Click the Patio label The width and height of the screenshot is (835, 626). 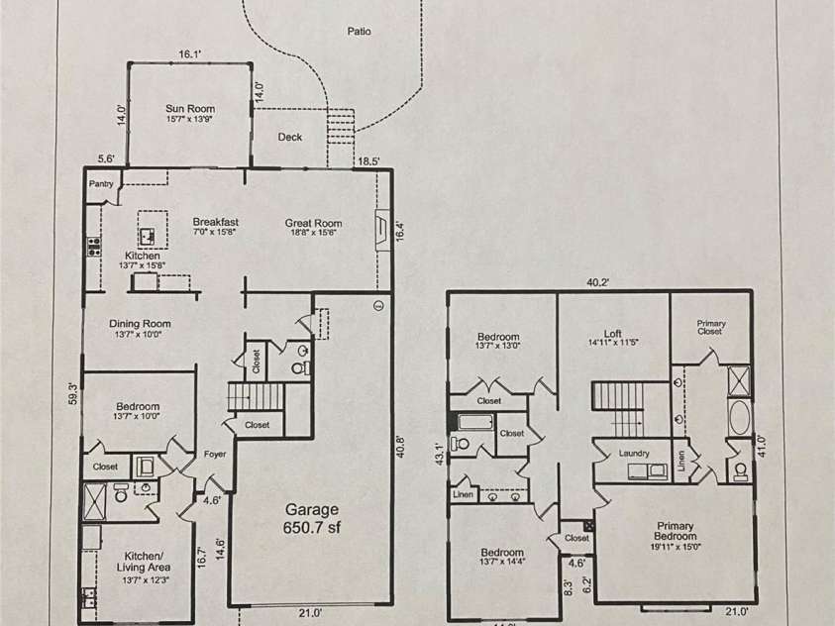[x=359, y=32]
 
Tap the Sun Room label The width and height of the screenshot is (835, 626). [x=189, y=110]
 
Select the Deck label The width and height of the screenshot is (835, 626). [x=289, y=138]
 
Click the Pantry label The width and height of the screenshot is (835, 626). [x=101, y=184]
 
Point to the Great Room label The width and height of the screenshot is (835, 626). [x=313, y=224]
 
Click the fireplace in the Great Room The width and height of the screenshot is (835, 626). [x=382, y=231]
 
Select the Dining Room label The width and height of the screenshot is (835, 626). [x=140, y=324]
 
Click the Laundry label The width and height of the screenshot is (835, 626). [x=633, y=454]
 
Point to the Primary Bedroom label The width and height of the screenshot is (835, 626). [x=681, y=533]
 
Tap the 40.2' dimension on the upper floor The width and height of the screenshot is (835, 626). [x=598, y=282]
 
